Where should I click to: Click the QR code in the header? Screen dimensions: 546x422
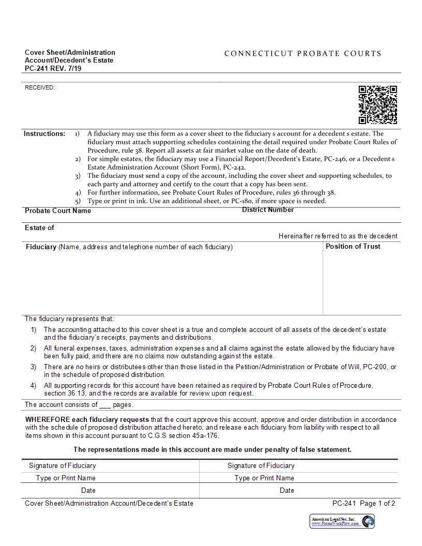378,105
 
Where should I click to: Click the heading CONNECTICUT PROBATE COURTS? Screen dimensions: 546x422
303,53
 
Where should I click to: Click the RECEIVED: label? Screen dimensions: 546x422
40,87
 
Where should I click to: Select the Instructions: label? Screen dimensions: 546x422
44,133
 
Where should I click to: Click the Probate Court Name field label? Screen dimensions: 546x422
58,210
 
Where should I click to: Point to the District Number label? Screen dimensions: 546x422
268,209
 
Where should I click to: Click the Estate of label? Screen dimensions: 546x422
39,228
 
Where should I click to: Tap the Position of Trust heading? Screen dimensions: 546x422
353,246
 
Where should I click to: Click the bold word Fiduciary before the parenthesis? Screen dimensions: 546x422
41,247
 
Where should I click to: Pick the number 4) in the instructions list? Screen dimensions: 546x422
78,192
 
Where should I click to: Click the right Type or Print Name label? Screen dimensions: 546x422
264,478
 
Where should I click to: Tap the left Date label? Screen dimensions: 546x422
88,490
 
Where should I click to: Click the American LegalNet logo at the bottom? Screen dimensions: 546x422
342,521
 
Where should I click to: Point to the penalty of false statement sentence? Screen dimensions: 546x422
212,449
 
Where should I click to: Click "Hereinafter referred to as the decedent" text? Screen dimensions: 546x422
338,236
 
